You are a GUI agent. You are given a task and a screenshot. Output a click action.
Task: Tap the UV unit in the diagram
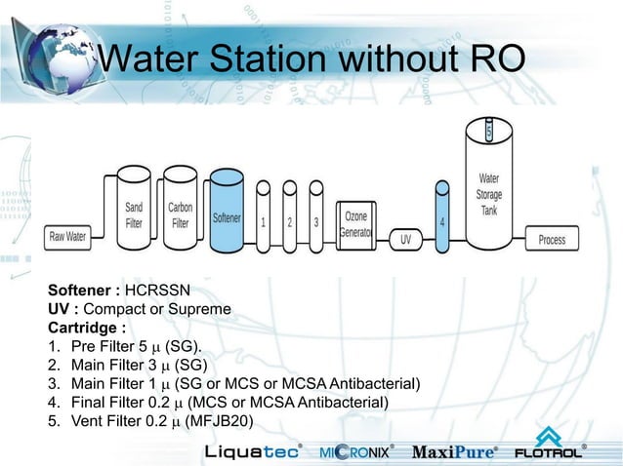405,239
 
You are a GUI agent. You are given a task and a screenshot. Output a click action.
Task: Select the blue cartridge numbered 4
442,220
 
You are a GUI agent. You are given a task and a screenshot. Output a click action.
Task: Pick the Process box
552,239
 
